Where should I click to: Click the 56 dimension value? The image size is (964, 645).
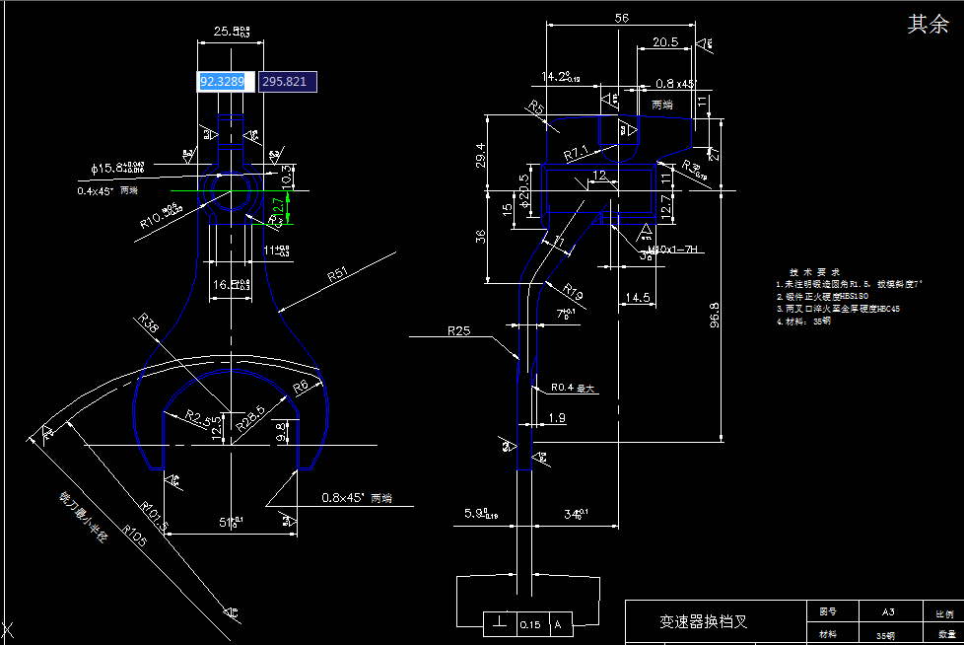tap(621, 18)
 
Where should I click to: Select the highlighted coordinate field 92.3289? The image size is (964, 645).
tap(224, 81)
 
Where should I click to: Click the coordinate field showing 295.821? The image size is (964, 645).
tap(287, 81)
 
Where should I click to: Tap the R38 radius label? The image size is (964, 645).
tap(148, 324)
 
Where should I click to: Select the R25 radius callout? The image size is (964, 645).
tap(458, 331)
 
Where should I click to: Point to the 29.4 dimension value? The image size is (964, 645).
tap(482, 154)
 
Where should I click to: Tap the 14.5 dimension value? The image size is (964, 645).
tap(637, 297)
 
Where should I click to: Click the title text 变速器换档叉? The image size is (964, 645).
tap(703, 622)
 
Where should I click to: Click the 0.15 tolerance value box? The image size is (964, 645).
tap(530, 624)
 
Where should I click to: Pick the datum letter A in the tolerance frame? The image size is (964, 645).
tap(559, 624)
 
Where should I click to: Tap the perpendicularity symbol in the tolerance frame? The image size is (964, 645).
tap(501, 624)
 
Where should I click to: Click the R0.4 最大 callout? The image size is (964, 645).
tap(574, 388)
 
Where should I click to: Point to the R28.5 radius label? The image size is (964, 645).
tap(250, 418)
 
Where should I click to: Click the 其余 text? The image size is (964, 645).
tap(928, 26)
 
